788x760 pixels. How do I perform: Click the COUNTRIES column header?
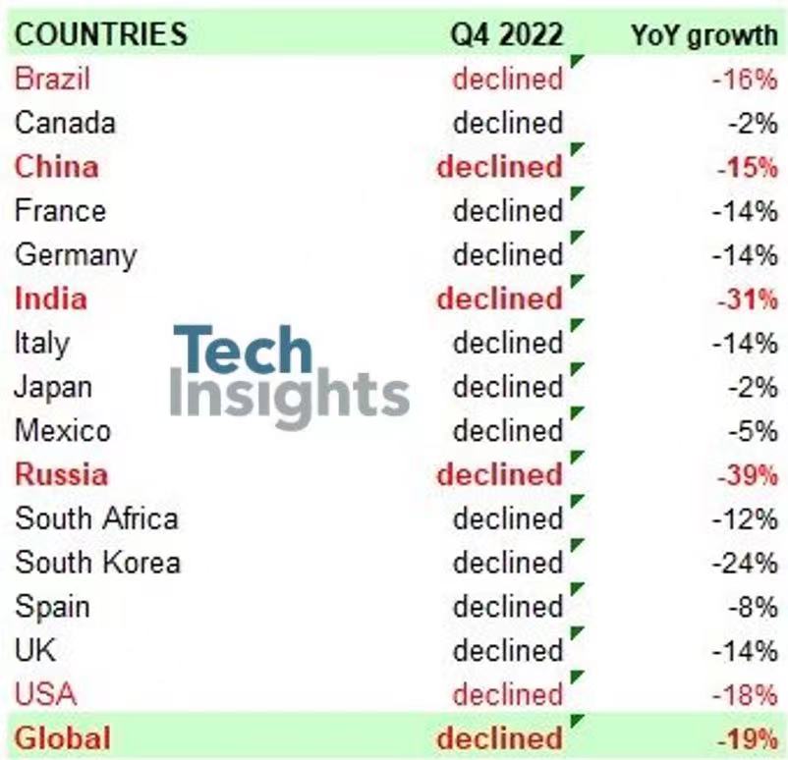point(101,34)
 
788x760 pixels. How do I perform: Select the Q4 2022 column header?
point(507,34)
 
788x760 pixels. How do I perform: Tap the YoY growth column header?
point(704,34)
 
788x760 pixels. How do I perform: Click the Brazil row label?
point(54,79)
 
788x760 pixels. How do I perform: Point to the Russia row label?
point(61,474)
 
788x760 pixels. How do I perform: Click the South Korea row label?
point(97,563)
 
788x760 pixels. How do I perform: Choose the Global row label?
point(63,737)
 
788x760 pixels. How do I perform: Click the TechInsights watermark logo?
point(290,376)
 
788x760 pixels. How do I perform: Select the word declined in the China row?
point(499,167)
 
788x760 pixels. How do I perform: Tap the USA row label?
point(45,694)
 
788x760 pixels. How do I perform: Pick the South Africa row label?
point(96,518)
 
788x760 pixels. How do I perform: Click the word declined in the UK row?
point(507,650)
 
